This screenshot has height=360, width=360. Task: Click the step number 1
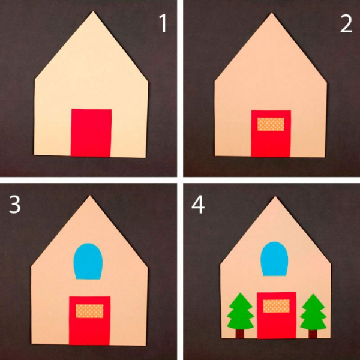click(x=163, y=23)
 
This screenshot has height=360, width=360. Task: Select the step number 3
click(x=14, y=205)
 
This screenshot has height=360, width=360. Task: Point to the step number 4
click(x=198, y=205)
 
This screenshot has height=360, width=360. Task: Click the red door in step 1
click(x=91, y=133)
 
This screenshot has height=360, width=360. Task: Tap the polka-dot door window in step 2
click(x=271, y=124)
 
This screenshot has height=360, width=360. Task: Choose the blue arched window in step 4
click(x=274, y=259)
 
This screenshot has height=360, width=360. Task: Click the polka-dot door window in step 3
click(x=89, y=311)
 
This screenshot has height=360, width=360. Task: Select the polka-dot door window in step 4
click(x=277, y=306)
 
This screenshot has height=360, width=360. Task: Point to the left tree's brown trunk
click(x=240, y=334)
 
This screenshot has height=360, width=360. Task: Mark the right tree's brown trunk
click(x=313, y=334)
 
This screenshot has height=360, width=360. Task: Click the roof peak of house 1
click(x=93, y=11)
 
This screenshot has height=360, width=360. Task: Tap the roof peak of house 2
click(x=272, y=13)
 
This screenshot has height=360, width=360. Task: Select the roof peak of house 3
click(x=90, y=196)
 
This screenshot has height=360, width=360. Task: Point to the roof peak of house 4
click(x=275, y=197)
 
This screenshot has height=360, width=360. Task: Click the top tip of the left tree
click(x=240, y=293)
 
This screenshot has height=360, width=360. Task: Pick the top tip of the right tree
click(x=313, y=294)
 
